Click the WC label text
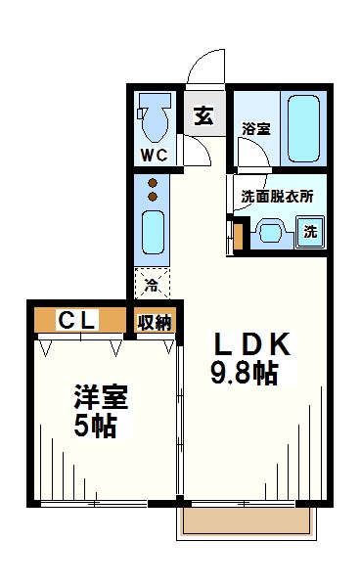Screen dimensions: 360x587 [x=154, y=155]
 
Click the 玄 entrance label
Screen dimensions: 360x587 [x=204, y=115]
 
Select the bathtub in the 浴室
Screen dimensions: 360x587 [x=304, y=127]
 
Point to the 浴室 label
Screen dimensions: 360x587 [x=256, y=129]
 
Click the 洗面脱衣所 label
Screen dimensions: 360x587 [x=277, y=197]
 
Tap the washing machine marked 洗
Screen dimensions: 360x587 [x=310, y=232]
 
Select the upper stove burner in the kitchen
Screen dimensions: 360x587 [x=153, y=183]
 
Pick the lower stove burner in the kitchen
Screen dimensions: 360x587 [x=153, y=197]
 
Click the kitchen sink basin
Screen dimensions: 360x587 [x=153, y=233]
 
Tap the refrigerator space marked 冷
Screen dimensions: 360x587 [x=152, y=284]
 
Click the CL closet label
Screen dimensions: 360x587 [x=77, y=320]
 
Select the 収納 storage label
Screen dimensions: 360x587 [x=155, y=322]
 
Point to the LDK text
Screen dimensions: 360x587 [x=251, y=344]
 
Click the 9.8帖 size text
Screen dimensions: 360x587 [x=244, y=374]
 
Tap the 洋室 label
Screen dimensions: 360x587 [x=101, y=397]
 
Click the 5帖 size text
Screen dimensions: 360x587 [x=95, y=426]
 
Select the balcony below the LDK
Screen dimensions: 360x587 [x=247, y=522]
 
